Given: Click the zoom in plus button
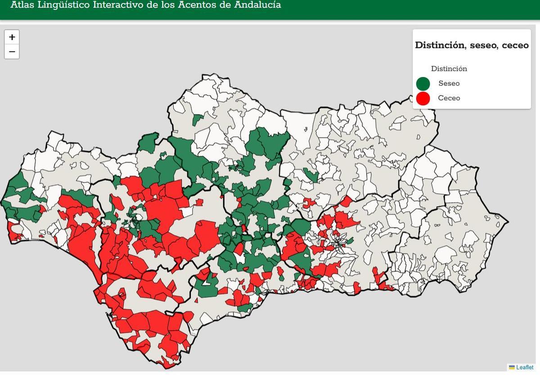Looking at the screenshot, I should [12, 37].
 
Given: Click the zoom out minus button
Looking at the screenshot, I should [12, 51].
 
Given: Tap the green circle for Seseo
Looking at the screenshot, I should [423, 84].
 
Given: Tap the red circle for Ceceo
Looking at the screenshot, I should [423, 98].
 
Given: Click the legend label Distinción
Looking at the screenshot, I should [449, 69].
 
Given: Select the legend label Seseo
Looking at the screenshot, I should [449, 83].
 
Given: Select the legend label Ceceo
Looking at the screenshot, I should [449, 98].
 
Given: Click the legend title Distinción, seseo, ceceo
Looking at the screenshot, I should [472, 45].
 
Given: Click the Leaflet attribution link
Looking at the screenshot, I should [525, 368].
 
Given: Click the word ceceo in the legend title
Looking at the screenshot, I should [515, 45].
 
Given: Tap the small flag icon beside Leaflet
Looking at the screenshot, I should [512, 368].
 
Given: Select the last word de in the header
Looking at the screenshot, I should [225, 5].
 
